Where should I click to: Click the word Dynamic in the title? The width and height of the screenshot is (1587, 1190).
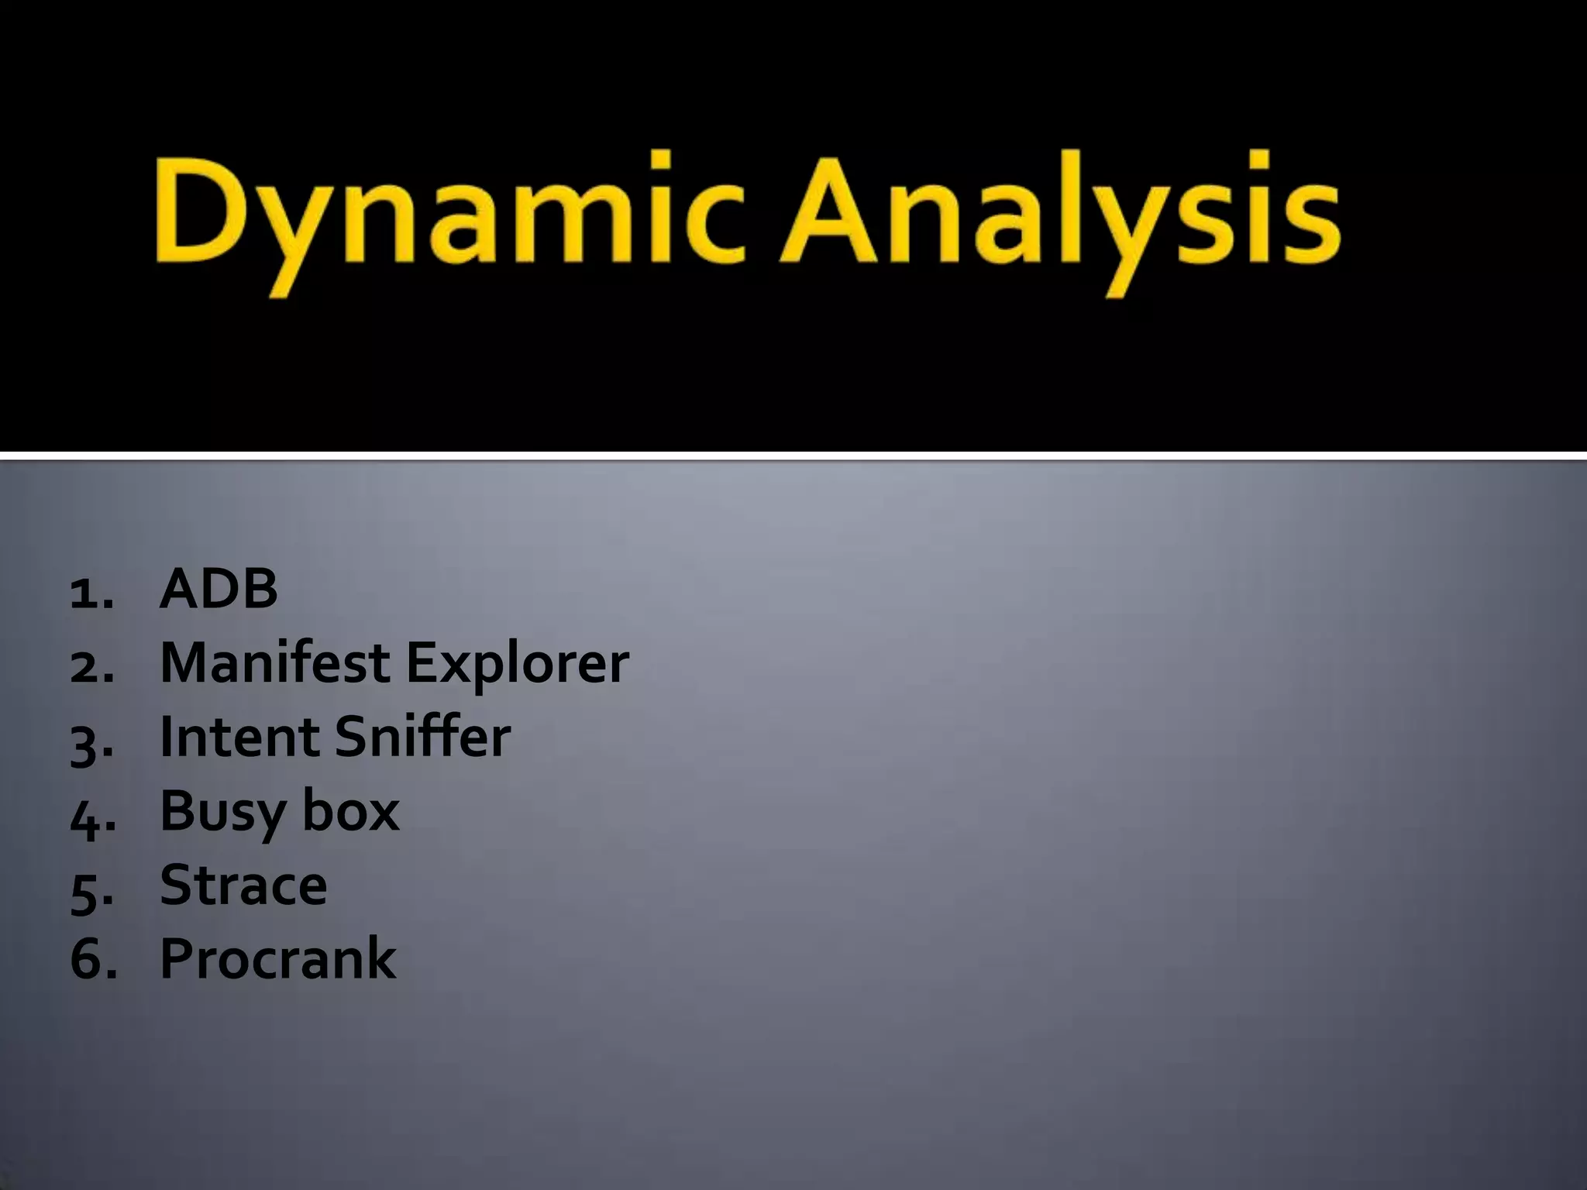pyautogui.click(x=449, y=217)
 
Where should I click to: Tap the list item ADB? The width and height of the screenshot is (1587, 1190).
pyautogui.click(x=219, y=590)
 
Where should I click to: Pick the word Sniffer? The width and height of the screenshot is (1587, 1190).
pyautogui.click(x=423, y=737)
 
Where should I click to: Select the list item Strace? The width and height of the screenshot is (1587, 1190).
pyautogui.click(x=243, y=885)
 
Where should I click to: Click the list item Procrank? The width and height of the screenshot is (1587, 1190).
pyautogui.click(x=277, y=959)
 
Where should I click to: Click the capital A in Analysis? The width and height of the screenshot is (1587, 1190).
pyautogui.click(x=833, y=211)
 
